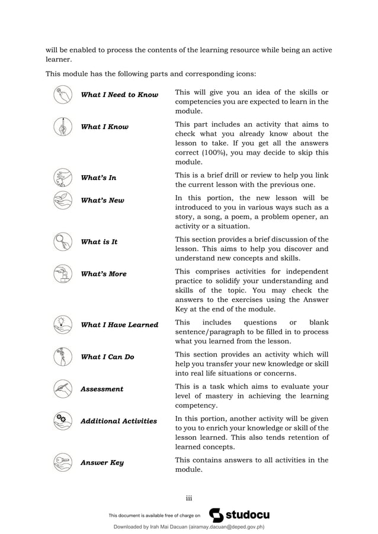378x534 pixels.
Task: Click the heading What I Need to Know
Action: [x=119, y=95]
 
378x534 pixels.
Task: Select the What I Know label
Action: [x=104, y=127]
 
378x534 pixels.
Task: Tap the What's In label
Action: [x=98, y=178]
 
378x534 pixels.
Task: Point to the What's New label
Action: [x=102, y=200]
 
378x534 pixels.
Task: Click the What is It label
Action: [x=99, y=242]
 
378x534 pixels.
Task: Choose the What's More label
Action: [x=104, y=274]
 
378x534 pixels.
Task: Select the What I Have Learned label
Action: [x=119, y=324]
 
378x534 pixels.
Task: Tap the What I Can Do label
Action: [x=107, y=357]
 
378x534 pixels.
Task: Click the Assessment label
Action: [x=102, y=389]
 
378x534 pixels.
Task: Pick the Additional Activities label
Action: [x=118, y=421]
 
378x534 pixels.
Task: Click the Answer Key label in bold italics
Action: [x=102, y=462]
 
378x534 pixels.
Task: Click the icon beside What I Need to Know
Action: [x=62, y=95]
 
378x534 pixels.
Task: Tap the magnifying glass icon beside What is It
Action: [x=62, y=242]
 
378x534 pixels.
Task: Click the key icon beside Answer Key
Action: [x=62, y=462]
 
